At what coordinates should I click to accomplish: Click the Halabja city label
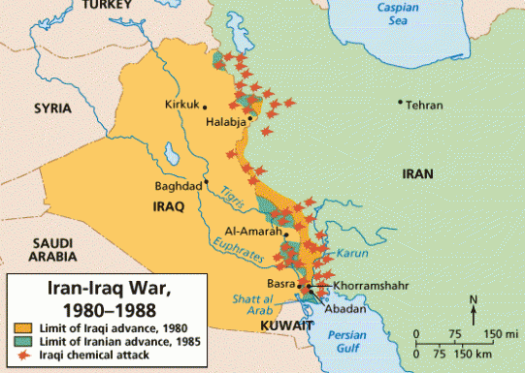226,124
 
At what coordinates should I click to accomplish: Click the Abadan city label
346,309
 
